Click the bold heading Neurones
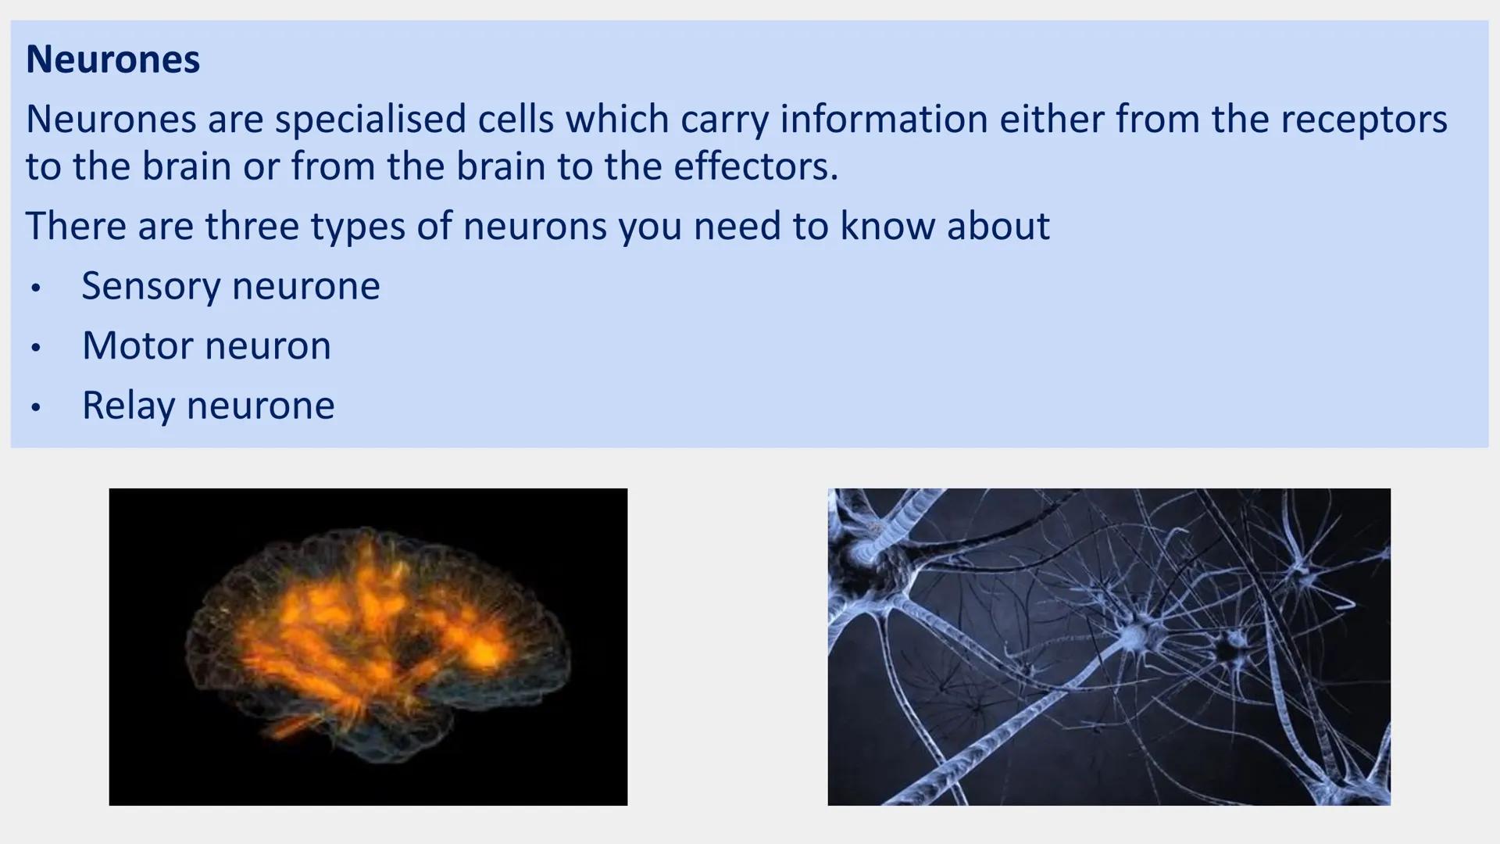pyautogui.click(x=112, y=59)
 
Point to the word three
pyautogui.click(x=252, y=226)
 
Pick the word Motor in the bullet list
pyautogui.click(x=137, y=345)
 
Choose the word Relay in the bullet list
pyautogui.click(x=128, y=406)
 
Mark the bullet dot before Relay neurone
pyautogui.click(x=35, y=407)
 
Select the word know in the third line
pyautogui.click(x=887, y=226)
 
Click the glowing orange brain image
pyautogui.click(x=368, y=646)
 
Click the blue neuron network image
pyautogui.click(x=1109, y=646)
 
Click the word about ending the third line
pyautogui.click(x=998, y=226)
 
